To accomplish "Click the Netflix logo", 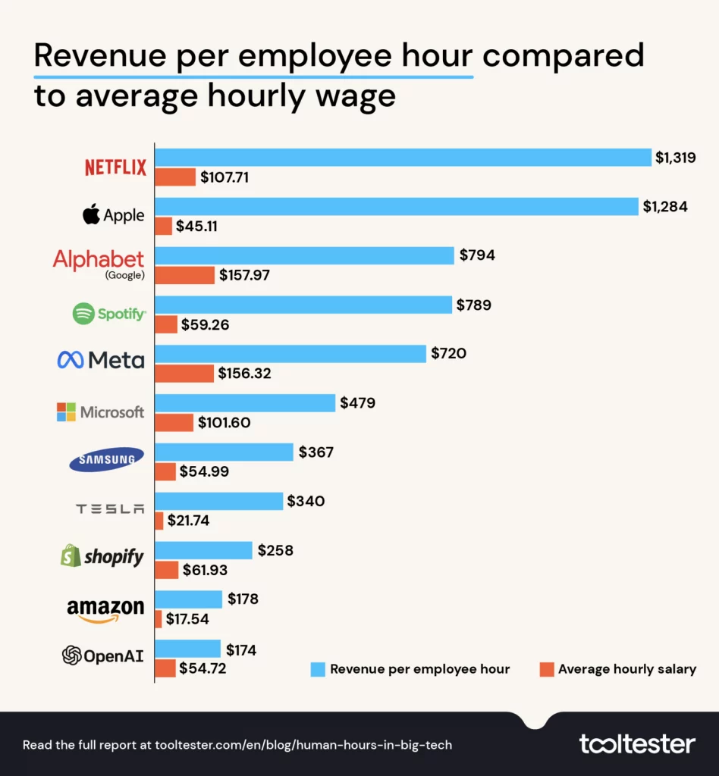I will tap(115, 167).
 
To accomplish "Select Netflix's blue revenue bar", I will tap(403, 157).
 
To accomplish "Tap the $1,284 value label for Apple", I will tap(667, 206).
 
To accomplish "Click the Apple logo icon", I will tap(92, 214).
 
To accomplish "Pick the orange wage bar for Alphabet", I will tap(184, 275).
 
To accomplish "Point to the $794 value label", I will tap(477, 255).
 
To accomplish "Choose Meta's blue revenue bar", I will tap(290, 353).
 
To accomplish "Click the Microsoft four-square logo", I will tap(67, 412).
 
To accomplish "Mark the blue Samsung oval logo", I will tap(105, 459).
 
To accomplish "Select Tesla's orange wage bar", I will tap(159, 521).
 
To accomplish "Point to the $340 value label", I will tap(306, 501).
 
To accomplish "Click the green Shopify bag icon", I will tap(71, 557).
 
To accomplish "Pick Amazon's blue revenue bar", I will tap(189, 599).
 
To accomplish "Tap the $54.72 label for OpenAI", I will tap(203, 668).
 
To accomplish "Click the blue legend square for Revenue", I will tap(317, 669).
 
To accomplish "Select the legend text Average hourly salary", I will tap(626, 669).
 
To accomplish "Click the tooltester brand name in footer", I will tap(636, 743).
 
